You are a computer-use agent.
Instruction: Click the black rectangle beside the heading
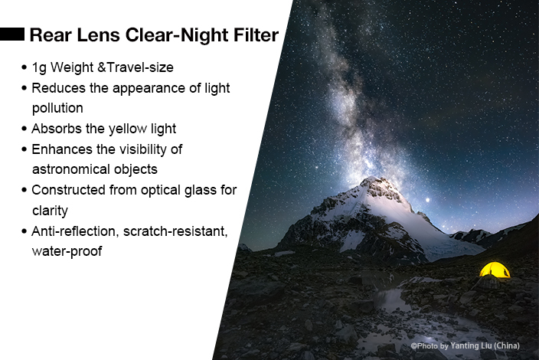[x=12, y=34]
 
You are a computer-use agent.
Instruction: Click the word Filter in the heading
[x=256, y=34]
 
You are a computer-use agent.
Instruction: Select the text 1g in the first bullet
[x=39, y=67]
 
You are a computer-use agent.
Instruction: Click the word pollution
[x=57, y=108]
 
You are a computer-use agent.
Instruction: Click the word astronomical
[x=70, y=169]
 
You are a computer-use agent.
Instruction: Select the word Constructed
[x=68, y=190]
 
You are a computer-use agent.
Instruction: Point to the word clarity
[x=50, y=211]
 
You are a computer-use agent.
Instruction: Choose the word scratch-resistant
[x=175, y=231]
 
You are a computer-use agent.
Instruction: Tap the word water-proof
[x=67, y=251]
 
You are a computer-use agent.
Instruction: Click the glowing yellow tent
[x=495, y=270]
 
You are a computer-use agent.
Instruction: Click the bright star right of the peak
[x=428, y=200]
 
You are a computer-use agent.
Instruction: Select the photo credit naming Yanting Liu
[x=465, y=345]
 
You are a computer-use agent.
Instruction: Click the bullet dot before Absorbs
[x=24, y=129]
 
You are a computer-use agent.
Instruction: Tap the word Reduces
[x=58, y=88]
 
